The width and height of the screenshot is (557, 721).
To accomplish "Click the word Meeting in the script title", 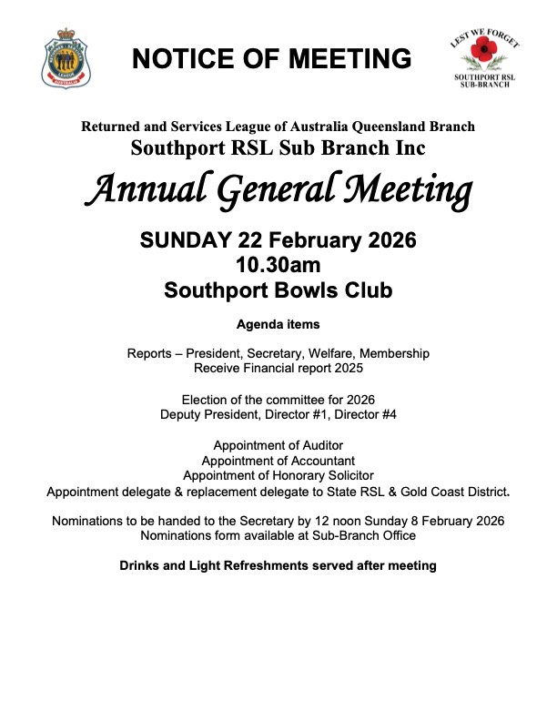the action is (x=405, y=190).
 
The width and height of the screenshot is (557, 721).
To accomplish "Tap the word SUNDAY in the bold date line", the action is (x=186, y=242).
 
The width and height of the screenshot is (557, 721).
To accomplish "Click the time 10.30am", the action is (x=278, y=267).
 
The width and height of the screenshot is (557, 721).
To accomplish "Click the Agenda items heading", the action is (x=278, y=324).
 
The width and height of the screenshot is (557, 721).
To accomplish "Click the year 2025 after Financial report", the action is (x=346, y=368).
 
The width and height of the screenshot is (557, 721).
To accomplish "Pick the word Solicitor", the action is (x=346, y=475).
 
